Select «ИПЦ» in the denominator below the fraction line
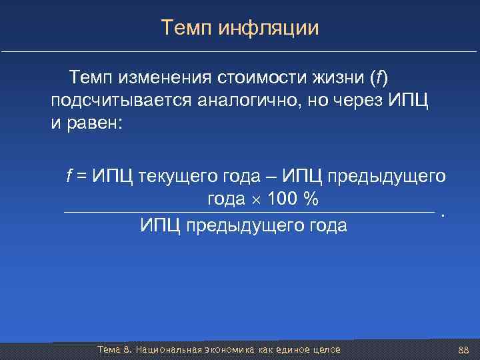[160, 226]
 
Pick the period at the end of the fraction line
[443, 215]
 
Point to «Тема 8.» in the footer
[115, 350]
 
